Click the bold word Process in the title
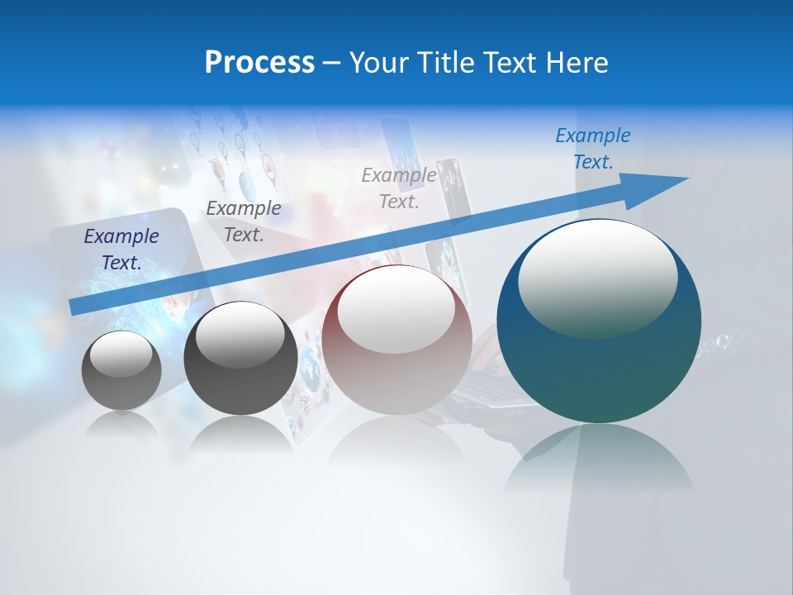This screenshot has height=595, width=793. click(x=259, y=63)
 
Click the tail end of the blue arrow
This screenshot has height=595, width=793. click(x=74, y=307)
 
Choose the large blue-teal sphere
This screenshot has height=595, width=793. click(x=599, y=372)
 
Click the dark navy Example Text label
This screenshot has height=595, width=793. click(x=121, y=250)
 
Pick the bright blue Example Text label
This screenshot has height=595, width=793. click(x=593, y=149)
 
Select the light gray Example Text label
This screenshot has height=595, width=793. click(x=399, y=188)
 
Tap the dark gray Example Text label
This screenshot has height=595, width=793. click(x=244, y=221)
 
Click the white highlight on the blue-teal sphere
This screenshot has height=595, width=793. click(x=597, y=277)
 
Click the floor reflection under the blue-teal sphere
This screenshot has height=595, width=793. click(x=599, y=463)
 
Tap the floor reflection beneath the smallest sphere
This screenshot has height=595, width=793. click(x=121, y=426)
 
